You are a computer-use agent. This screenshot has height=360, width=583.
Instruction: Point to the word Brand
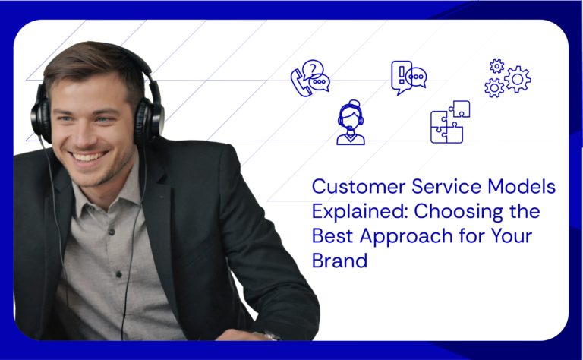click(339, 260)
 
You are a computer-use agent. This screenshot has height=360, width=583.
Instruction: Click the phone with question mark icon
click(309, 77)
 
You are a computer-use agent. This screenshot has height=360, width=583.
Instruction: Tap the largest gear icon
click(518, 79)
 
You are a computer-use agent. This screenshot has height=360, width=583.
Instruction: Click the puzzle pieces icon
click(449, 122)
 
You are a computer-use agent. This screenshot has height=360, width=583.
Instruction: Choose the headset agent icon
click(351, 123)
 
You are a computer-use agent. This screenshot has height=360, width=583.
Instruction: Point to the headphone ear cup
click(150, 119)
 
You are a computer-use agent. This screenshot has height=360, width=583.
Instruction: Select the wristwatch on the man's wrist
click(271, 335)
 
